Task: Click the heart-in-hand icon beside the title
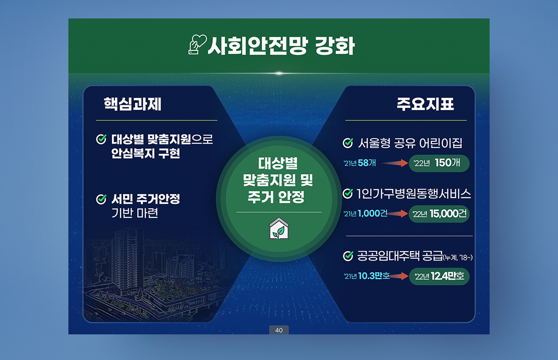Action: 197,45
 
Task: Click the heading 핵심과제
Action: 132,104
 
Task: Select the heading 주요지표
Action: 425,104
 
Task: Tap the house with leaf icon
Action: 279,228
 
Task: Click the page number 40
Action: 279,330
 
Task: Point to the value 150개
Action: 447,163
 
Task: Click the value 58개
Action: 367,163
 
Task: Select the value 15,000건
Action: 448,214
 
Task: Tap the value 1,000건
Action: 373,213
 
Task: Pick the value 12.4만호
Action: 447,276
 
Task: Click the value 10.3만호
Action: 373,276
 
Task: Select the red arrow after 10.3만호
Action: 398,276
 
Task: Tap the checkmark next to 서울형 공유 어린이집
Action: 348,143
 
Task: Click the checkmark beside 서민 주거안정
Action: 101,199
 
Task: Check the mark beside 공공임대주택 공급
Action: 348,256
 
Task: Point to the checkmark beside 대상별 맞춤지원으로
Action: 101,139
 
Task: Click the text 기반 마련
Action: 135,213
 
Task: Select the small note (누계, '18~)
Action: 458,257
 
